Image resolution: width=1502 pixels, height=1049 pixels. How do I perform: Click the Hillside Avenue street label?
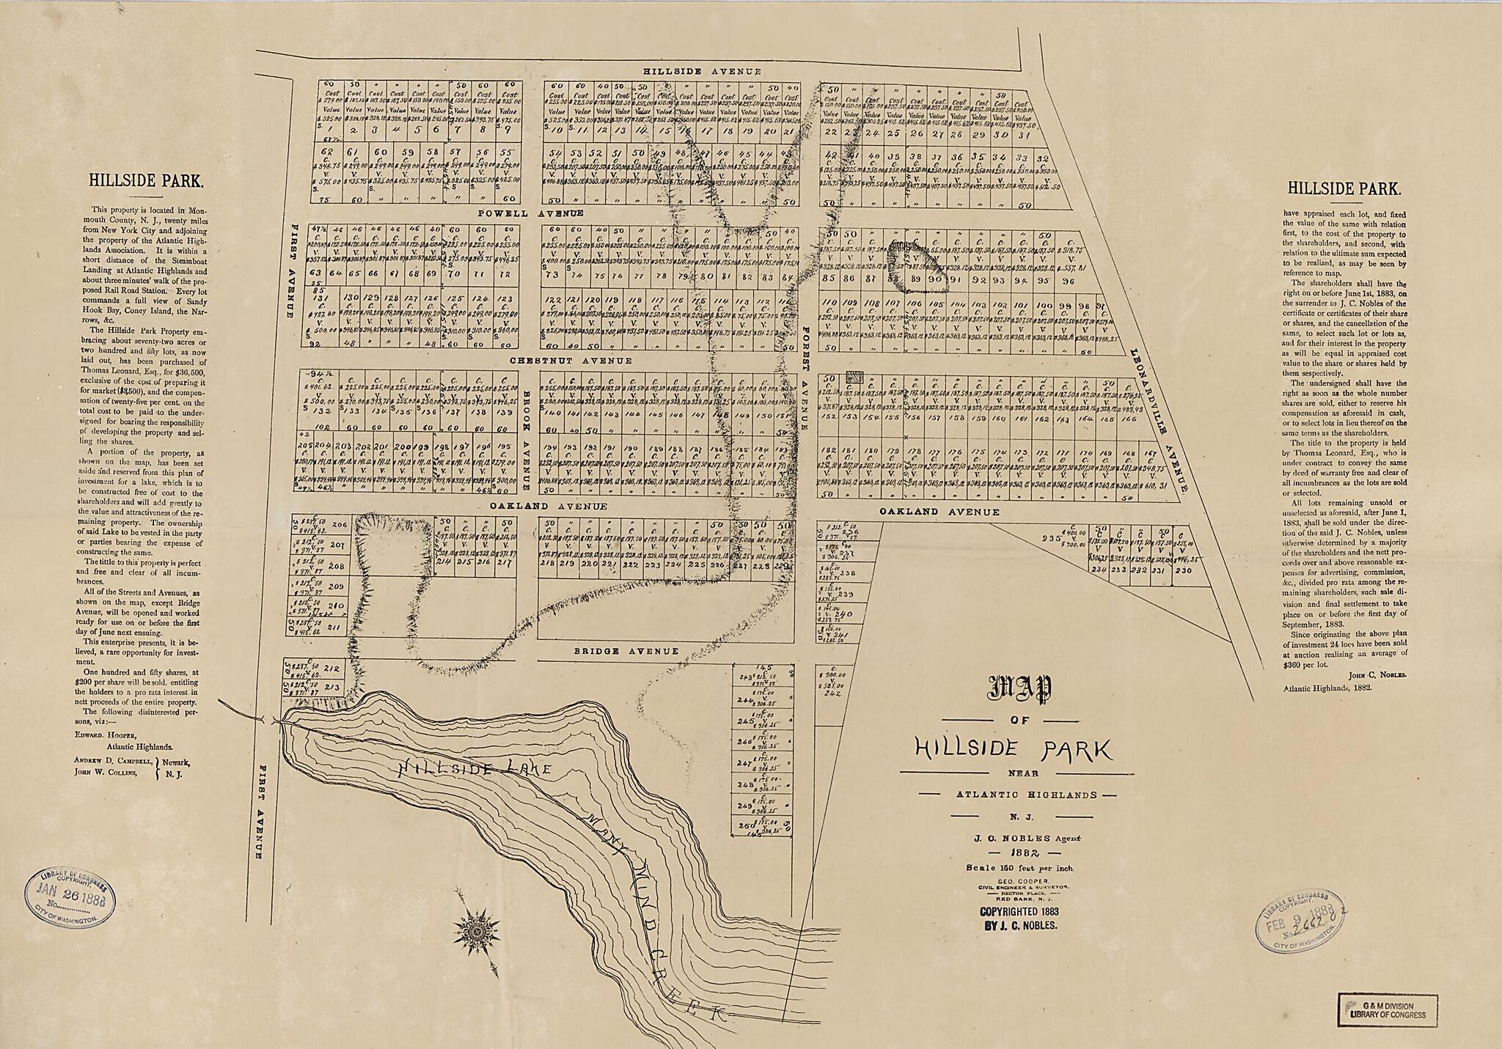pos(702,71)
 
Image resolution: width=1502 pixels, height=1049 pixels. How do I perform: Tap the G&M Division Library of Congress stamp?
pos(1388,1010)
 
